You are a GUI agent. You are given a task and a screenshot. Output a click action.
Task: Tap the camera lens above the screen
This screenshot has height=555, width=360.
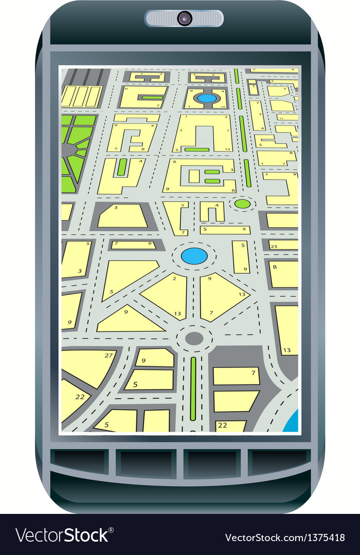184,18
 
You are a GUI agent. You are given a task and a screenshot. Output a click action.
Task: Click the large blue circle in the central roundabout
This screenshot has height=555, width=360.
194,255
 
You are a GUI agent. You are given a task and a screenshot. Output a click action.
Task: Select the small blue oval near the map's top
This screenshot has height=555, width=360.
207,98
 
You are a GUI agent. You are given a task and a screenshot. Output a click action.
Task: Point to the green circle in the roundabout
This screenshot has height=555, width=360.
242,204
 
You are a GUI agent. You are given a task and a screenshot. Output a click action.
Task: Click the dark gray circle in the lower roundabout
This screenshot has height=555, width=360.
194,338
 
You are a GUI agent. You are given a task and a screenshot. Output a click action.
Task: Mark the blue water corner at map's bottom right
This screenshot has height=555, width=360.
292,421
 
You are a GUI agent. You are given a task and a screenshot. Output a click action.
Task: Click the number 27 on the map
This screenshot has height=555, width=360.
109,355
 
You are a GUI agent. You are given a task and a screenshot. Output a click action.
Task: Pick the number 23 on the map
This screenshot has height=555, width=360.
274,246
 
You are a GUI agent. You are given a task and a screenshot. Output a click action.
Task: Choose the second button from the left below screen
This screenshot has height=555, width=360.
146,463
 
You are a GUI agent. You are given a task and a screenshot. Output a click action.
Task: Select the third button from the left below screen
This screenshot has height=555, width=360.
212,463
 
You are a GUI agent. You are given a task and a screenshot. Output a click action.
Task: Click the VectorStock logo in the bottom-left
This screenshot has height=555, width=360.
62,535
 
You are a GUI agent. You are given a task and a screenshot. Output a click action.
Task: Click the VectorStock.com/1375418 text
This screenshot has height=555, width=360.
284,538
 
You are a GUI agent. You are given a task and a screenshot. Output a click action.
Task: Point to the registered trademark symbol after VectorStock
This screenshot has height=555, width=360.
112,529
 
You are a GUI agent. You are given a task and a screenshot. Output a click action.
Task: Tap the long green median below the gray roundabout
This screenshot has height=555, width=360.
193,388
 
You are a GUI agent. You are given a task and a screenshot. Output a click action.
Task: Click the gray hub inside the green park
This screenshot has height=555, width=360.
68,150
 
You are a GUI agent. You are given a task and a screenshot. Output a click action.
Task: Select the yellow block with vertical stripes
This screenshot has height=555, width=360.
81,96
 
